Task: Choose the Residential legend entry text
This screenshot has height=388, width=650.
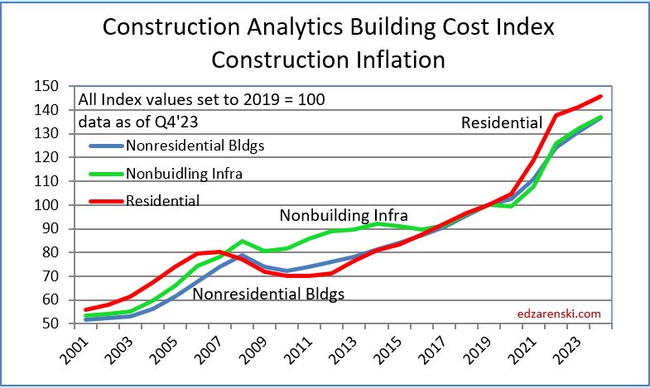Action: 162,199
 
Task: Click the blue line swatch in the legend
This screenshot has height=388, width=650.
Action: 105,147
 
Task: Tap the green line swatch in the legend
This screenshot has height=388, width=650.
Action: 105,174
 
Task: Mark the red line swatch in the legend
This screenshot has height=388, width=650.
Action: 105,200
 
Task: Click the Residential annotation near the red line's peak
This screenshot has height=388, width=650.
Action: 502,123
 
